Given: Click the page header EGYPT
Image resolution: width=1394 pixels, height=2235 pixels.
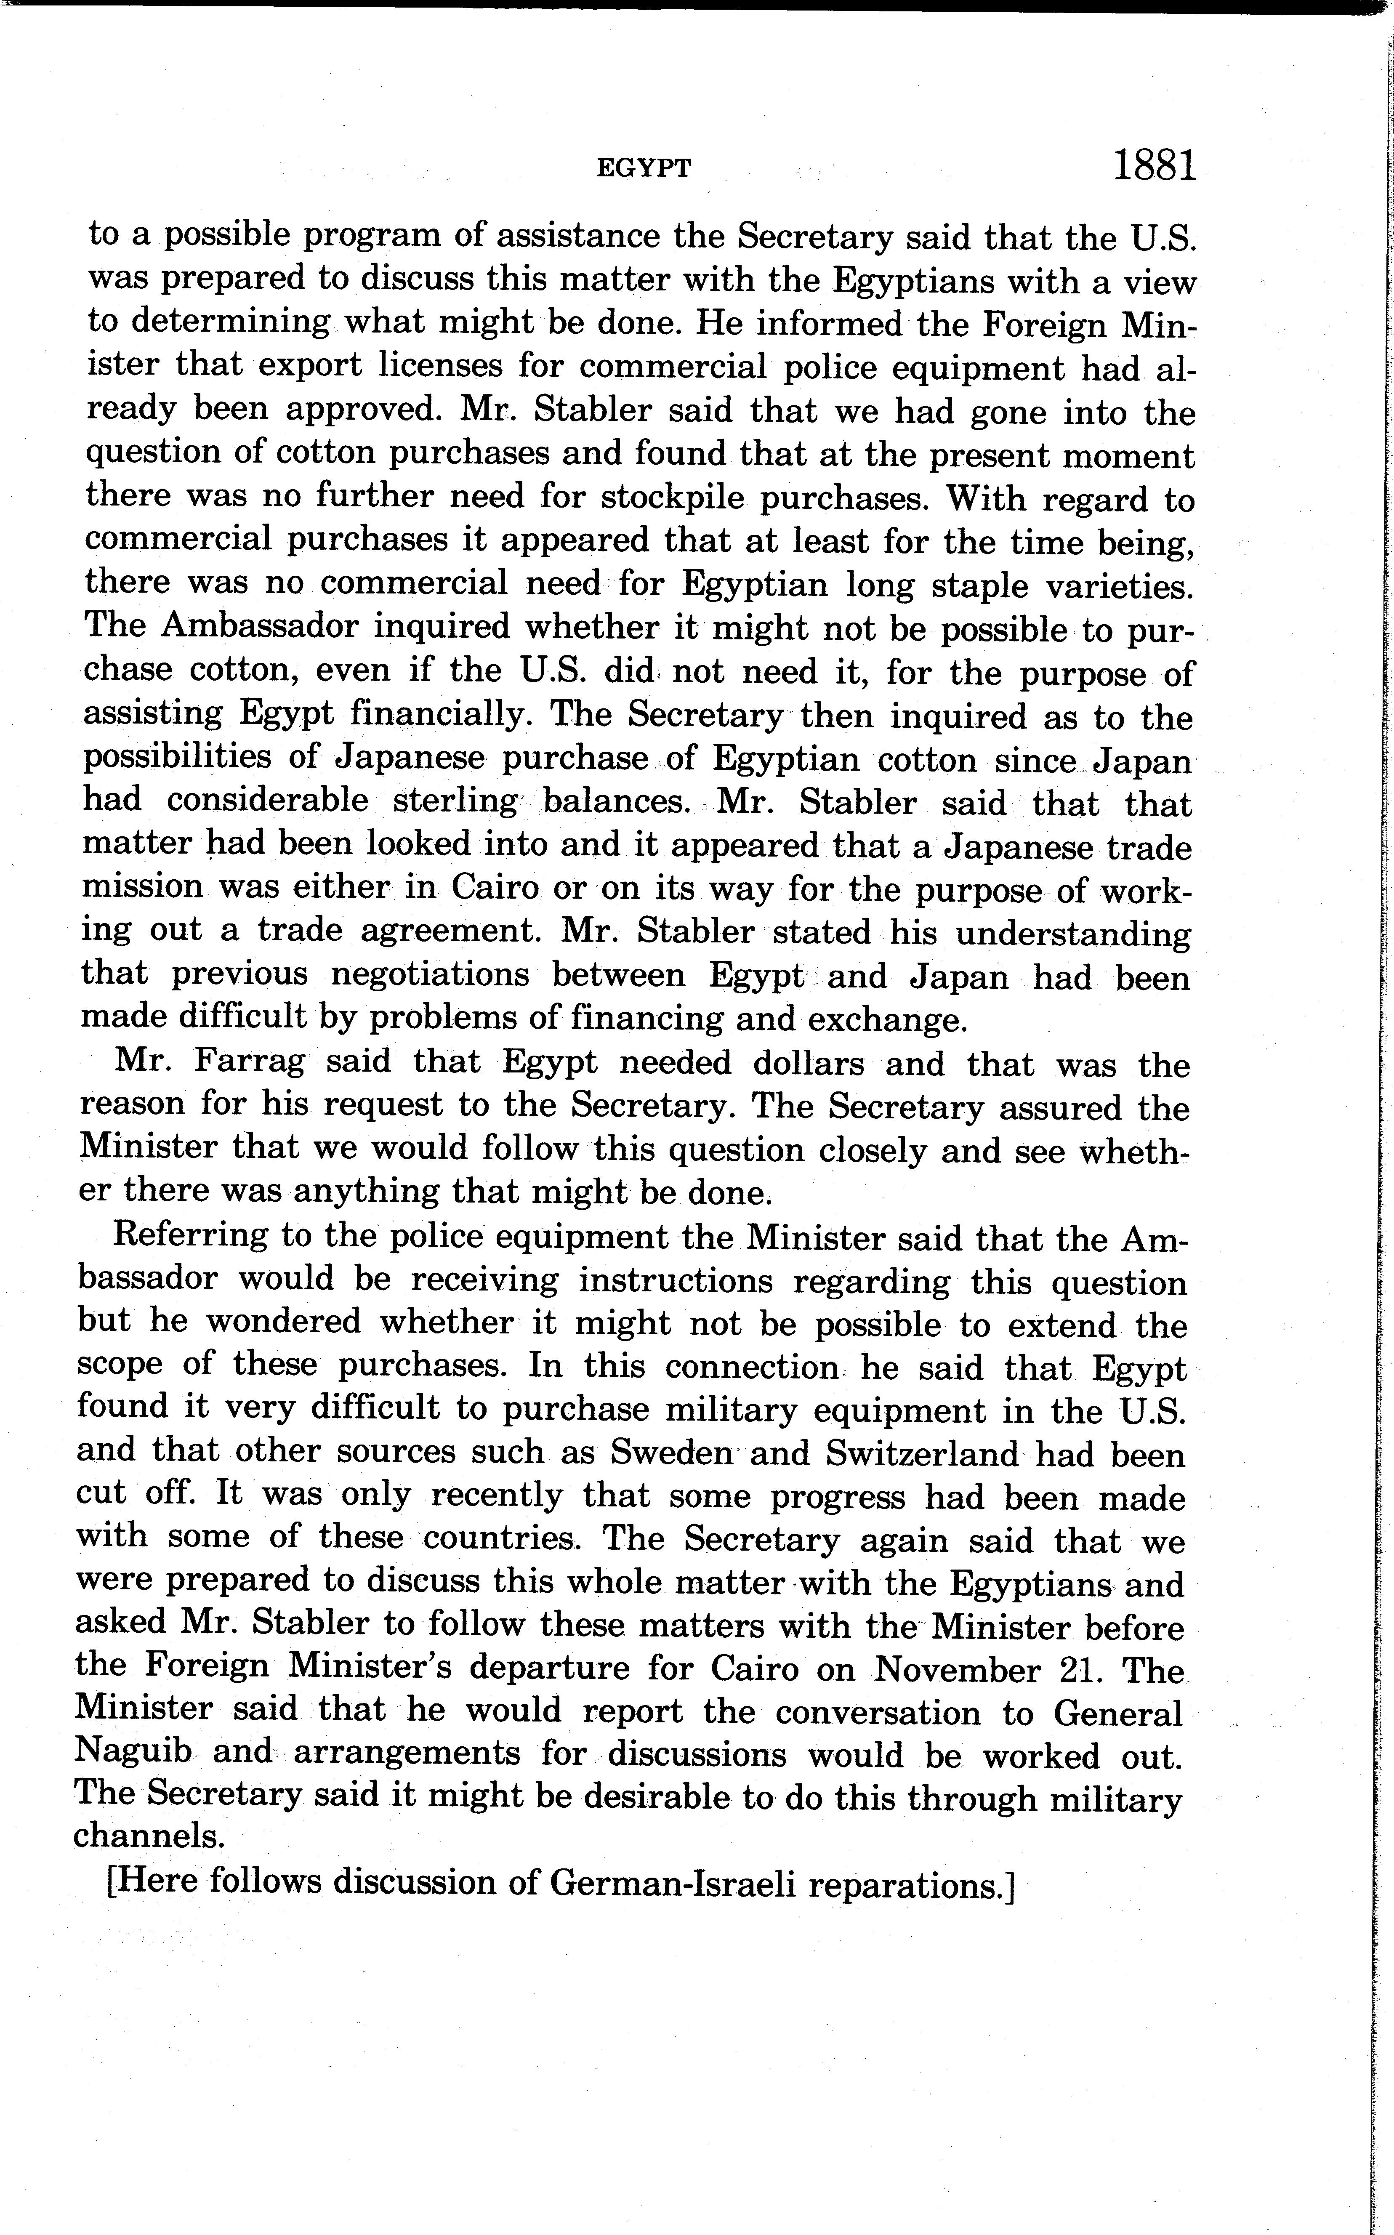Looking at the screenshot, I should coord(644,168).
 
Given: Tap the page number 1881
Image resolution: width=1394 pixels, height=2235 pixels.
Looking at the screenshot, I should coord(1154,166).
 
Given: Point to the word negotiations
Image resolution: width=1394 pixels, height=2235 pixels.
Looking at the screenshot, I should coord(430,974).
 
